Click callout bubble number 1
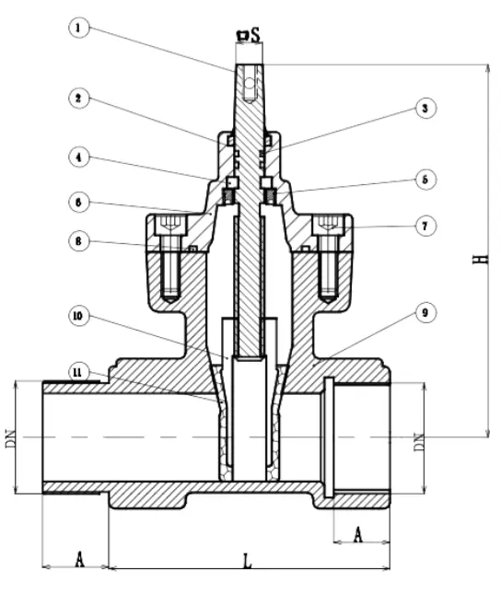pos(80,28)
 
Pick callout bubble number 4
pos(80,157)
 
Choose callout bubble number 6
pos(80,200)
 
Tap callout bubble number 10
pos(80,314)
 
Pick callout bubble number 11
pos(80,371)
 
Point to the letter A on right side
pos(359,531)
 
